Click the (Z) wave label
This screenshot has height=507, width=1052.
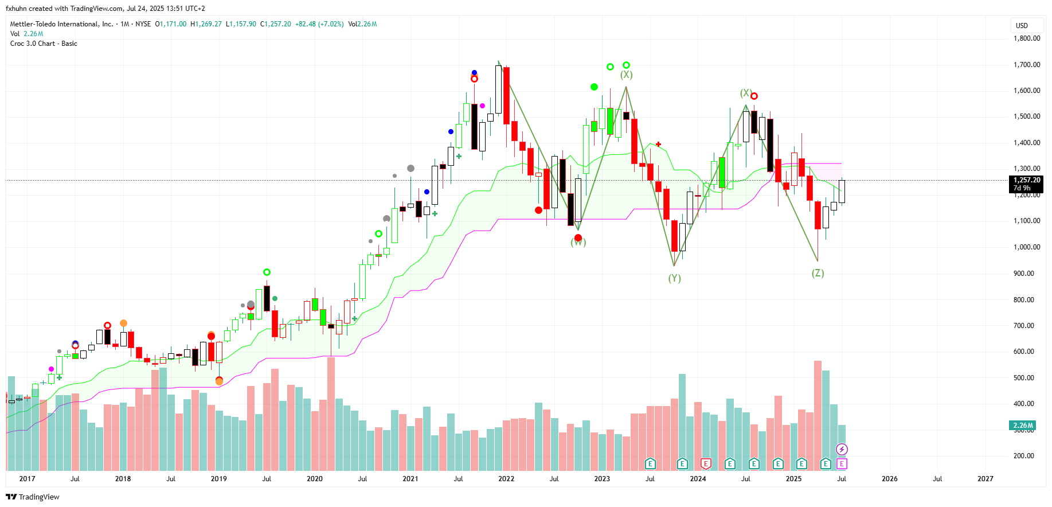tap(818, 274)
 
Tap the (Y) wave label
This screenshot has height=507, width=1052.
tap(674, 279)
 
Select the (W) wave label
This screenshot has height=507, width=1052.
tap(578, 243)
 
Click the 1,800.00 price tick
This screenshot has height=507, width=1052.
tap(1027, 38)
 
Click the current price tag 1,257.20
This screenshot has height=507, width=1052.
tap(1026, 180)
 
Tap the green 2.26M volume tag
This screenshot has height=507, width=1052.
tap(1023, 426)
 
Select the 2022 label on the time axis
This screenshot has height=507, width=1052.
tap(506, 479)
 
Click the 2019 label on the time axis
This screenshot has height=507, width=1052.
tap(218, 479)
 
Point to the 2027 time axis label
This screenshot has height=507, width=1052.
tap(985, 479)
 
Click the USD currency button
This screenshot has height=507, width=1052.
tap(1022, 26)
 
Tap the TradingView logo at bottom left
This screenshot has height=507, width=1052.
tap(33, 497)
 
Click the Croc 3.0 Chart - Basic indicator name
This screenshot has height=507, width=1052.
tap(44, 44)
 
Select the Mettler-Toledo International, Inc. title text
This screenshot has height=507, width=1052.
tap(61, 24)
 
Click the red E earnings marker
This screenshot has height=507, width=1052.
tap(706, 463)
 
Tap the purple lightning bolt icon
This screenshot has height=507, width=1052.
tap(842, 449)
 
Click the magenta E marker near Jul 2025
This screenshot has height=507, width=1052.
tap(842, 463)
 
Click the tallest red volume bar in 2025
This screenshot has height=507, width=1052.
tap(818, 413)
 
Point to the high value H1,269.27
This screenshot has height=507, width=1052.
tap(206, 24)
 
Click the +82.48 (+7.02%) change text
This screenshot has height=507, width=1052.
tap(319, 24)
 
